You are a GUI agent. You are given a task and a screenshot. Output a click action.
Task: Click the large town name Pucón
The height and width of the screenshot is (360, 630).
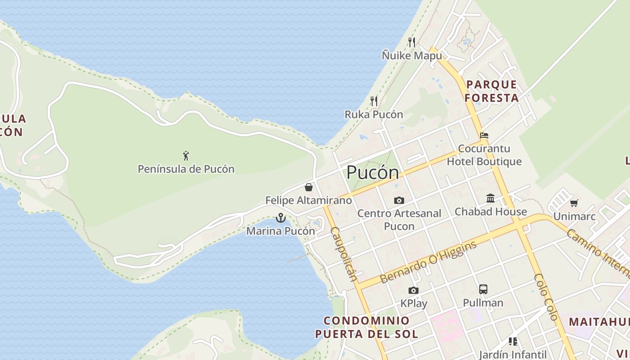click(373, 172)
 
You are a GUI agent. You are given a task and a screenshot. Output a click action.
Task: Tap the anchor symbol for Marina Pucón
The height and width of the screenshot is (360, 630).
click(281, 218)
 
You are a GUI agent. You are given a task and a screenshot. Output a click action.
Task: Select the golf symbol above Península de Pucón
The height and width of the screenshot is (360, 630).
click(186, 156)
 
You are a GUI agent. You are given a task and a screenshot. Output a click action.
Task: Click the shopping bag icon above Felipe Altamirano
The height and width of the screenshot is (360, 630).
click(309, 187)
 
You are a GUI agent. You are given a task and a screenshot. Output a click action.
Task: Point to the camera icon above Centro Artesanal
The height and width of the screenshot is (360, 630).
click(399, 200)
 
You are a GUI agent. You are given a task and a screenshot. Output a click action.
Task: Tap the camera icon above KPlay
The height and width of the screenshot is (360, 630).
click(414, 290)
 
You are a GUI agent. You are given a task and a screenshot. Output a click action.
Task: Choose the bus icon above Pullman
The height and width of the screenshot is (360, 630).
click(483, 289)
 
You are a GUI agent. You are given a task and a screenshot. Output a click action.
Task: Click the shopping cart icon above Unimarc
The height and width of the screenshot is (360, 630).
click(574, 203)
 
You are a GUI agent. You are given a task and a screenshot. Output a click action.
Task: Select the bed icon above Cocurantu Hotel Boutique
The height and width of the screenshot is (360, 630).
click(484, 135)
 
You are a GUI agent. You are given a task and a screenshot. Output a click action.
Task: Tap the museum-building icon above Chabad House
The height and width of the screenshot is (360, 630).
click(490, 198)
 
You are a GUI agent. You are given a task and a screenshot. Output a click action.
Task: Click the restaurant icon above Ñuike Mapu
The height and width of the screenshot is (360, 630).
click(412, 42)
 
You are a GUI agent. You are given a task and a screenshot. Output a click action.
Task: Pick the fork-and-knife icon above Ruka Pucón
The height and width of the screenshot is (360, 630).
click(374, 101)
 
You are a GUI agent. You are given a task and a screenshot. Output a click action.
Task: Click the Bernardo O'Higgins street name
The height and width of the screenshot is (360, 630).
click(428, 262)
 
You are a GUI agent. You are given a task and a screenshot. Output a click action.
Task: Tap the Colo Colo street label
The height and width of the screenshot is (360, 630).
click(546, 297)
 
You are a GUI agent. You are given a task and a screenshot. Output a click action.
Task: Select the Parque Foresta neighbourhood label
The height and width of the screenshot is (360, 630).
click(491, 91)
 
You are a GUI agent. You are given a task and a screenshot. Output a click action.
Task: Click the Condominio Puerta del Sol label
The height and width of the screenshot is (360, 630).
click(367, 327)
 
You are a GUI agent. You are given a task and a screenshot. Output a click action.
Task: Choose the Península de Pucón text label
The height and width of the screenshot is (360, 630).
click(186, 169)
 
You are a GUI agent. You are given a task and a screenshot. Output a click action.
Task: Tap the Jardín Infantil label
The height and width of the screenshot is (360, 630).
click(513, 355)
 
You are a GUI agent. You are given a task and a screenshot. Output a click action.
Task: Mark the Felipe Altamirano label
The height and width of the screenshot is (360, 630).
click(309, 200)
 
